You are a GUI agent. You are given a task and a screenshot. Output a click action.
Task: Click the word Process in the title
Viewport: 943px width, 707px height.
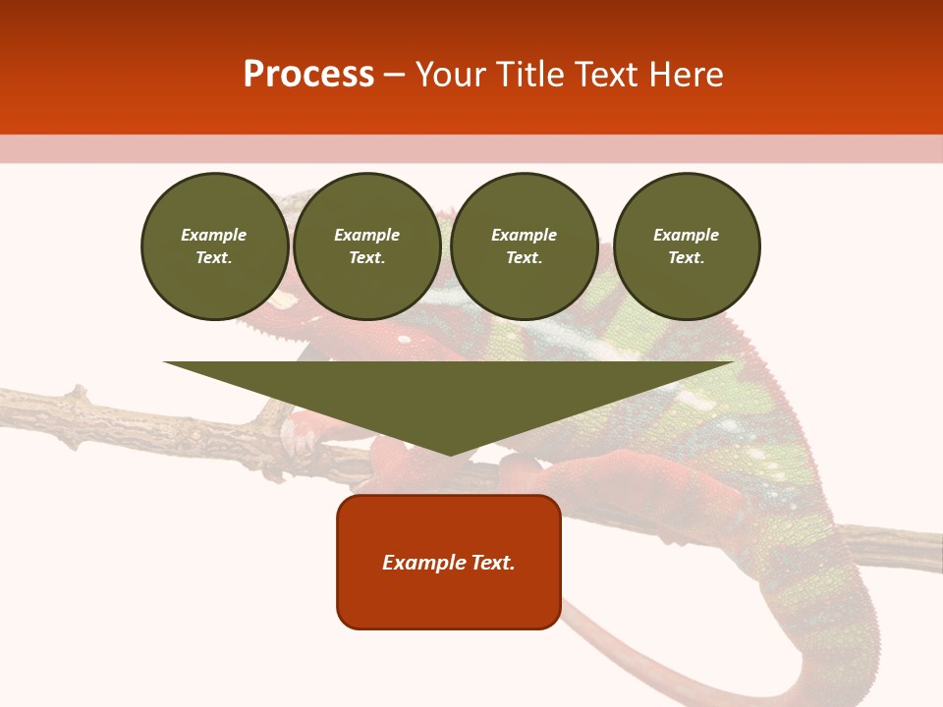click(308, 75)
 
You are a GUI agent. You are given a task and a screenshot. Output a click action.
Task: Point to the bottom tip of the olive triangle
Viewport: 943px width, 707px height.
click(449, 454)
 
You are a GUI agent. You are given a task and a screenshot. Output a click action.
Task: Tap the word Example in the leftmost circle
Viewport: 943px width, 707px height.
click(214, 235)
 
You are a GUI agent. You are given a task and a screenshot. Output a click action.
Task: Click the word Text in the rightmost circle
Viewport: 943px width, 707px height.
click(686, 257)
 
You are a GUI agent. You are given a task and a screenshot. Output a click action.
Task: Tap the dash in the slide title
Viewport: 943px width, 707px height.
click(394, 75)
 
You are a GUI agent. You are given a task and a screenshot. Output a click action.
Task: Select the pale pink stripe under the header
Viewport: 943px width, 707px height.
click(471, 148)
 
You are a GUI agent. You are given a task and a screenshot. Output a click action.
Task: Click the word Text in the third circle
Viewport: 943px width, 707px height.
click(524, 257)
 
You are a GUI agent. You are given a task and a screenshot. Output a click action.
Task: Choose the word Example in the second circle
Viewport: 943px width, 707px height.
click(366, 235)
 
